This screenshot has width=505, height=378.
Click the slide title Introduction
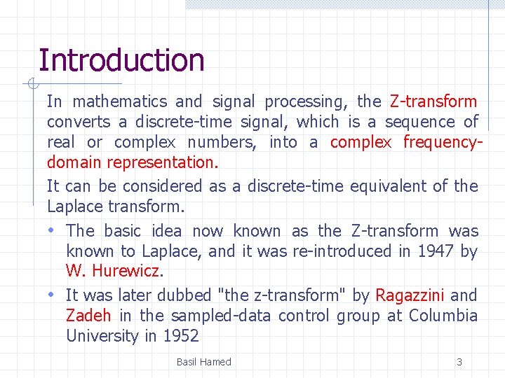pos(121,60)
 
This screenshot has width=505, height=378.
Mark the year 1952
pos(181,336)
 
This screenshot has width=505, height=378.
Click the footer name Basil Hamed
pos(203,362)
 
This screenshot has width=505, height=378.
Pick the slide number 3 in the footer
pos(459,362)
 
